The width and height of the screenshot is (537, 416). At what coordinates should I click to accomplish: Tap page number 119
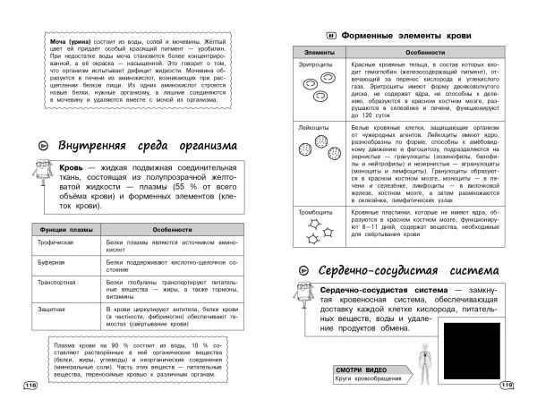[507, 386]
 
